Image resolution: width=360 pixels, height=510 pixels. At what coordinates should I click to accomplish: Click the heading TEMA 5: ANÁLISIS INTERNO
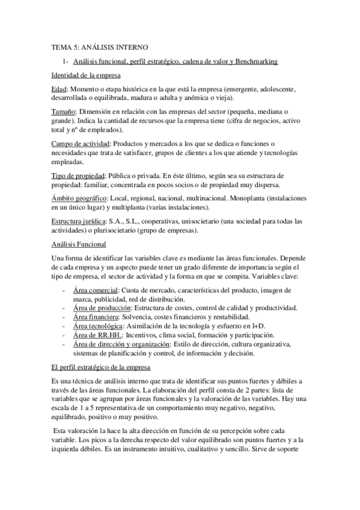[x=100, y=46]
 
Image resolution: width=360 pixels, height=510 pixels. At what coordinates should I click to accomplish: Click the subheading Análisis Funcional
[x=79, y=245]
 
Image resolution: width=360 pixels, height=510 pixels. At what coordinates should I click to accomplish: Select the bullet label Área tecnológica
[x=98, y=326]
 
